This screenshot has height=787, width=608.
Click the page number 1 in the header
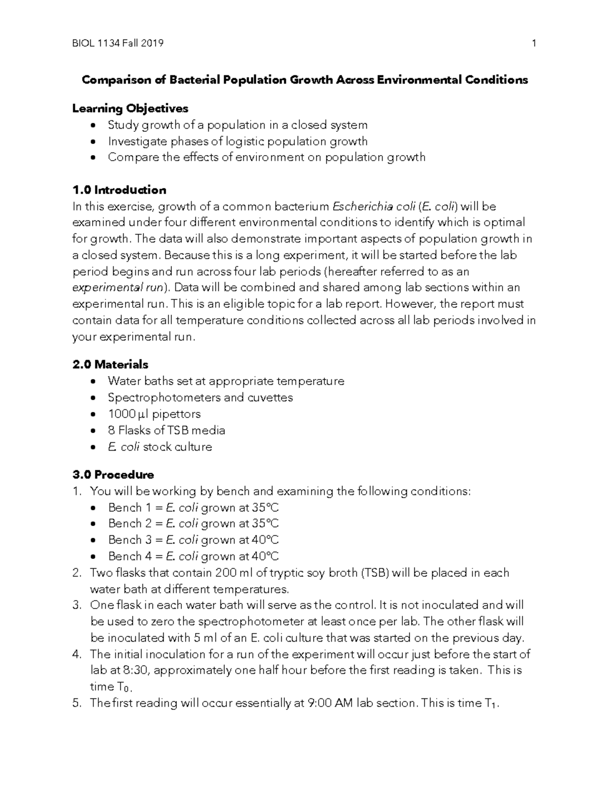coord(534,44)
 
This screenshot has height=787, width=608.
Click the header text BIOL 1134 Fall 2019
coord(118,44)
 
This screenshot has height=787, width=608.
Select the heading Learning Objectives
coord(130,108)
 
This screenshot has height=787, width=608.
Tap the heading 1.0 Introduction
coord(119,190)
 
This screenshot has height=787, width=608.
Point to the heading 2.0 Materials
coord(110,364)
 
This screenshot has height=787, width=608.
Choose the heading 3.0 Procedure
coord(113,475)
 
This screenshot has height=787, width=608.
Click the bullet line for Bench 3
coord(193,540)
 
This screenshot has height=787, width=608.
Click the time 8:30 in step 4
coord(134,670)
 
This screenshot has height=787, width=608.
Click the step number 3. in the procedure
coord(77,605)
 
